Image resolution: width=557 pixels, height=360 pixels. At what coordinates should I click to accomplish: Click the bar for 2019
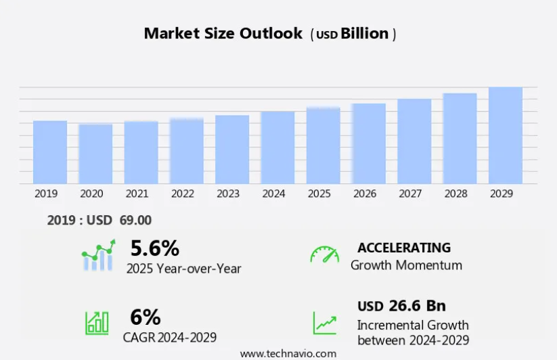click(50, 152)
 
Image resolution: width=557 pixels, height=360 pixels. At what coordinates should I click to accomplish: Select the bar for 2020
click(95, 154)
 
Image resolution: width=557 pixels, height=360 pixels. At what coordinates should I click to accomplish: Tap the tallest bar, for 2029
click(506, 135)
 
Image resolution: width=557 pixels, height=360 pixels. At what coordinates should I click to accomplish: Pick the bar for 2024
click(277, 148)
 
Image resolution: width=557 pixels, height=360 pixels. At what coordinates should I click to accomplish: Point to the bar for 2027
click(414, 141)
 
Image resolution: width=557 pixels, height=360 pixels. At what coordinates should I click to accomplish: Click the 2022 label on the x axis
click(183, 194)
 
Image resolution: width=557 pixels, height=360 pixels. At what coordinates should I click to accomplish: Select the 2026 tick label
click(365, 194)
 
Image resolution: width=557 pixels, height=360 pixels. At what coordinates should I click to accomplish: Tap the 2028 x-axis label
click(456, 194)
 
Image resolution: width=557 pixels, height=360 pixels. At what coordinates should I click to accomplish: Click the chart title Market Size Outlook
click(223, 34)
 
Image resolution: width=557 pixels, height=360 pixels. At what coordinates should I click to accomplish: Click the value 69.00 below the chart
click(135, 220)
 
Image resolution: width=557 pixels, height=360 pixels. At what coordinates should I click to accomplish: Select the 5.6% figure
click(155, 248)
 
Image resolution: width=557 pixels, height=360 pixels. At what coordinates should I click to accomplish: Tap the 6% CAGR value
click(146, 317)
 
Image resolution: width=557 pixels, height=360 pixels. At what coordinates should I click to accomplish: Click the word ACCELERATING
click(404, 248)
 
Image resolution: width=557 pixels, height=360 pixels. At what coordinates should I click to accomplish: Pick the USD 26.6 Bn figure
click(401, 306)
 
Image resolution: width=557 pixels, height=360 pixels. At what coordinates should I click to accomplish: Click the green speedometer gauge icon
click(325, 254)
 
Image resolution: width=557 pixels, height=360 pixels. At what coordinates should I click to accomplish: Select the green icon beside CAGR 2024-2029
click(97, 322)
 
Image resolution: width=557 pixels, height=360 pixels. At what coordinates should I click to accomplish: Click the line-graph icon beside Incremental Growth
click(324, 322)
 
